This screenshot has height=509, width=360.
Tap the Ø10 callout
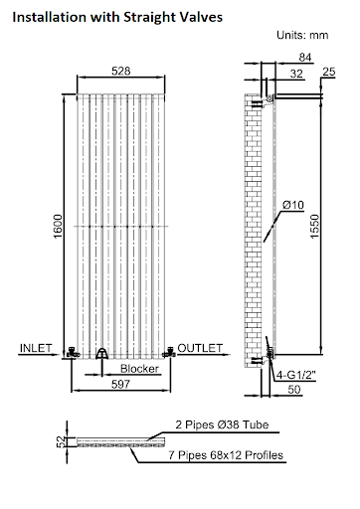[x=292, y=204]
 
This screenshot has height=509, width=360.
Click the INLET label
[x=37, y=348]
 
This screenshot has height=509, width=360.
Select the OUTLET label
[x=200, y=348]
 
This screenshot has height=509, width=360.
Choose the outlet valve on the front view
[x=170, y=351]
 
